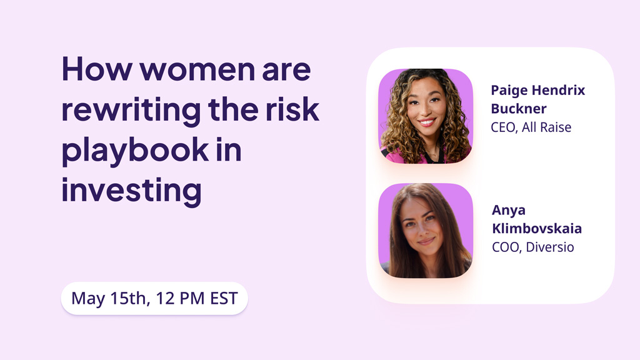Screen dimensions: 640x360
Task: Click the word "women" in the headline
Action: tap(197, 69)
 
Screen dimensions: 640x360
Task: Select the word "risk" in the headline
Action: tap(292, 109)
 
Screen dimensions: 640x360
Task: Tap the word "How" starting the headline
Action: tap(97, 69)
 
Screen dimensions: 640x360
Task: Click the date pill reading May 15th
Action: tap(154, 298)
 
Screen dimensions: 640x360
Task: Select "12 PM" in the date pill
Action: tap(180, 298)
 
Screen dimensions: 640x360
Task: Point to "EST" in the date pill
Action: tap(224, 298)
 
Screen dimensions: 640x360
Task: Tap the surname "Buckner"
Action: tap(518, 109)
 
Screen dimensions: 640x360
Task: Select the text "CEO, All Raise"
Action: tap(531, 127)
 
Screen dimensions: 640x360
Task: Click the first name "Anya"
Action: tap(509, 211)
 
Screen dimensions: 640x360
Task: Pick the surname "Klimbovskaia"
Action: tap(537, 228)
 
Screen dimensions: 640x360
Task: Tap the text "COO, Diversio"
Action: tap(533, 247)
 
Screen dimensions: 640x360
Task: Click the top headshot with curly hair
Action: tap(426, 116)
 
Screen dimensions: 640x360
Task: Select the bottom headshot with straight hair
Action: tap(426, 231)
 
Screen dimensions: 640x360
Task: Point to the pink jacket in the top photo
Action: tap(392, 157)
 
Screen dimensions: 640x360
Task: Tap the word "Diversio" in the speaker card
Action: tap(550, 247)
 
